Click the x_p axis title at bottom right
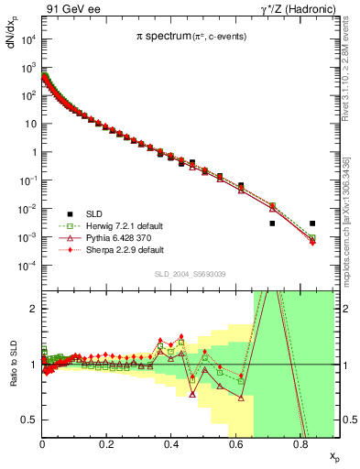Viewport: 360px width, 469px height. (x=333, y=455)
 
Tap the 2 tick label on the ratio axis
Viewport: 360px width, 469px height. (x=35, y=309)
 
